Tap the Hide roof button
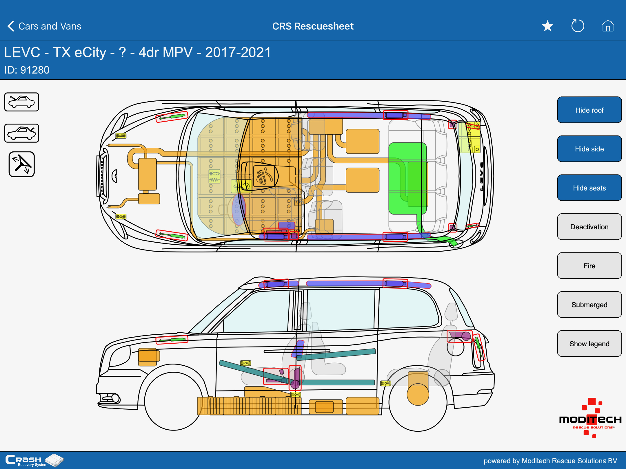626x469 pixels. pos(589,110)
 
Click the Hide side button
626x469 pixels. pos(589,149)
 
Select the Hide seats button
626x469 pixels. pos(589,188)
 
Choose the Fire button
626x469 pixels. pos(589,266)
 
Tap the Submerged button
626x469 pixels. pos(589,305)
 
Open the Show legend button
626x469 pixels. pos(589,344)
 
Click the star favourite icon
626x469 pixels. pos(547,26)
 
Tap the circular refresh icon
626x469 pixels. pos(578,26)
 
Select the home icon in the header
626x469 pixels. pos(608,26)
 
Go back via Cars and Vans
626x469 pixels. pos(44,26)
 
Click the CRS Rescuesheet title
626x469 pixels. pos(313,26)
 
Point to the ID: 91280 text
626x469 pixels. pos(27,70)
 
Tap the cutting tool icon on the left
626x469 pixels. pos(22,164)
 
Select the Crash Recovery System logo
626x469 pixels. pos(34,460)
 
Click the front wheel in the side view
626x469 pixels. pos(173,401)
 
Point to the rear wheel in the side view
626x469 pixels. pos(418,402)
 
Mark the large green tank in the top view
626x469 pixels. pos(408,178)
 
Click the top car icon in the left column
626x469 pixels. pos(22,102)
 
